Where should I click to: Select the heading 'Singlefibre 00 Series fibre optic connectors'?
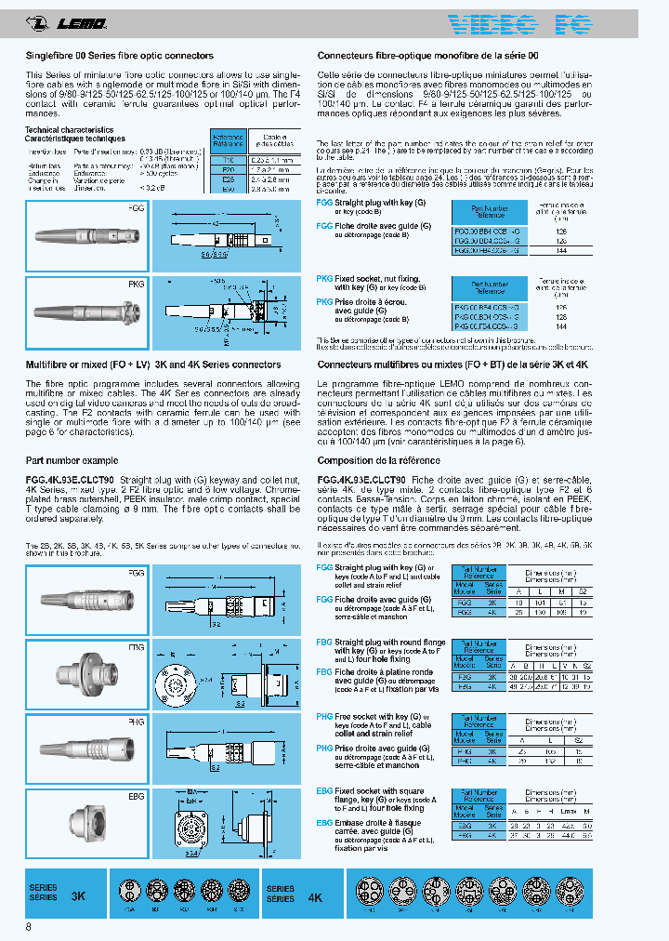[x=119, y=56]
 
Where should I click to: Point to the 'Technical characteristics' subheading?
[x=69, y=129]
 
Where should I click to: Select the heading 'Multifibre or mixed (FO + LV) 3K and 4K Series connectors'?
[x=152, y=365]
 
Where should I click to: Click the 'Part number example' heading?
[x=72, y=460]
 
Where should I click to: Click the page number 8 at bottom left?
[x=29, y=927]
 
